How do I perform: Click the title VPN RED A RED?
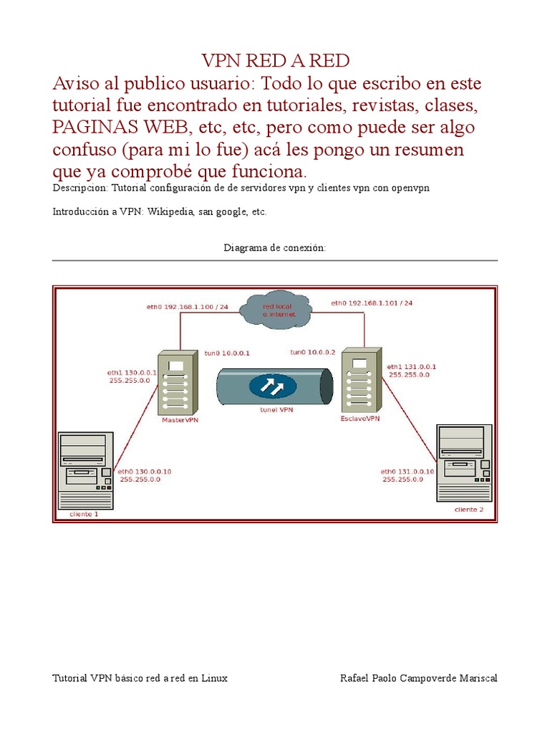[275, 60]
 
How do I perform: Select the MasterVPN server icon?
[176, 383]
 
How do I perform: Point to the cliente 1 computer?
[85, 470]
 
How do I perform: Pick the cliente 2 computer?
[464, 463]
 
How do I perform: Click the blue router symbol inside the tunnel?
[274, 386]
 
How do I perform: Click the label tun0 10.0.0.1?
[227, 353]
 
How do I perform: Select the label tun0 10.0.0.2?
[312, 352]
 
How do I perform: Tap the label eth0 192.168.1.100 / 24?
[188, 307]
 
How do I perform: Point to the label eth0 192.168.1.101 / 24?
[372, 303]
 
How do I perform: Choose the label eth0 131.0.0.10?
[407, 471]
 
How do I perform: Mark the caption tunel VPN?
[276, 411]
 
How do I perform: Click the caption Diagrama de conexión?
[275, 248]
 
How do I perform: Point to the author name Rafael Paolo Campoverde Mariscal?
[418, 678]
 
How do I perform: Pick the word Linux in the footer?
[214, 678]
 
